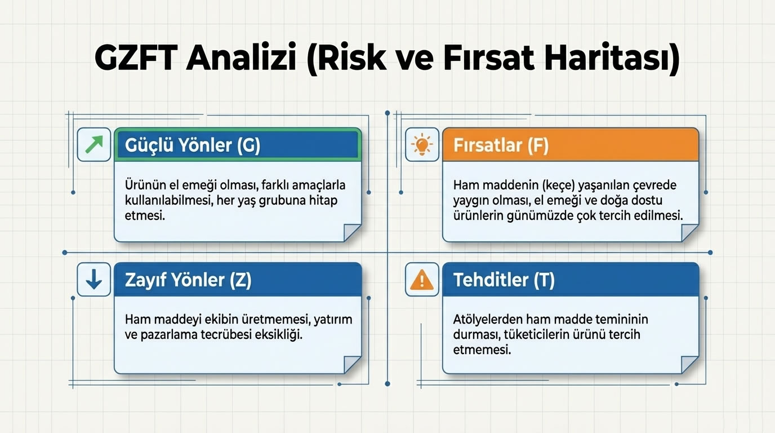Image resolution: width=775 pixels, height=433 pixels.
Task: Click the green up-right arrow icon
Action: [x=93, y=145]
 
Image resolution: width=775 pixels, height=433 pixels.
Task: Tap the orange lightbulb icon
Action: [x=422, y=145]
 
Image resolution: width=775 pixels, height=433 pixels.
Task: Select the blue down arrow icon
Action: [x=93, y=279]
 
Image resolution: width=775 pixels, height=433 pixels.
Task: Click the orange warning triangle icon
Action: [x=422, y=279]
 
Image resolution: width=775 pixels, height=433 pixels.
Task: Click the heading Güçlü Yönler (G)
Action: [x=193, y=145]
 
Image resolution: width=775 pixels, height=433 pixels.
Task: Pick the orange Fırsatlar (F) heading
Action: [x=501, y=145]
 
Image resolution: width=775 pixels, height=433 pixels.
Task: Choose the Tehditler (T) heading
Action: [x=504, y=280]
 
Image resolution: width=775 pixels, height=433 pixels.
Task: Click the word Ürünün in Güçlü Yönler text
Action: [x=141, y=185]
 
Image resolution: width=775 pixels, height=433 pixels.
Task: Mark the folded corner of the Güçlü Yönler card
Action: [x=352, y=233]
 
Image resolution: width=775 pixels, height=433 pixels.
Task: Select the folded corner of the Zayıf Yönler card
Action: [x=352, y=365]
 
